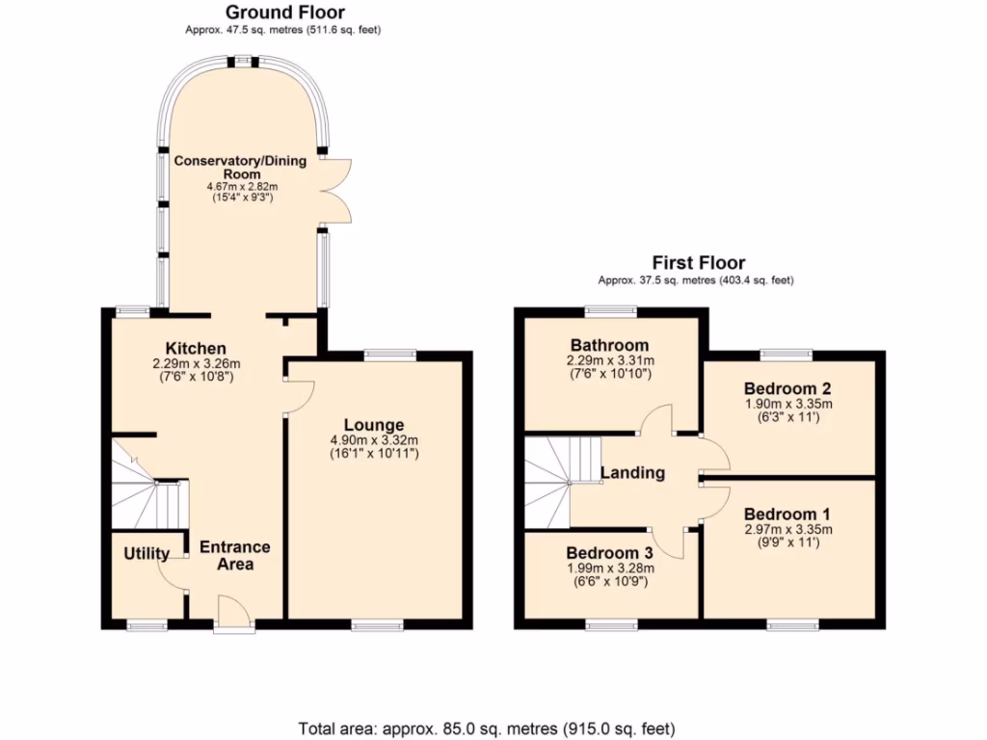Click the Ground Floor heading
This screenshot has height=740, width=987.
pos(284,13)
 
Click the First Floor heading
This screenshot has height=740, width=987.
pos(699,262)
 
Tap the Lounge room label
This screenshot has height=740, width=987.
pos(374,425)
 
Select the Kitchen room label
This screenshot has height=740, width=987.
pos(196,348)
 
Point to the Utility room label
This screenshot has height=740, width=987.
pos(147,554)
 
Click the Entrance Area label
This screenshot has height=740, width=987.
pos(234,555)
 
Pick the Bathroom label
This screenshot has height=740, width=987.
pos(609,345)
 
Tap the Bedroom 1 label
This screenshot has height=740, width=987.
pos(787,514)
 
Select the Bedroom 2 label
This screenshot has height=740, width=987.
pos(787,387)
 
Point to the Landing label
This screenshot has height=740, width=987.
pos(632,473)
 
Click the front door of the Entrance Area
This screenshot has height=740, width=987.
pos(234,613)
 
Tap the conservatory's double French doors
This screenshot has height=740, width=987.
pos(333,189)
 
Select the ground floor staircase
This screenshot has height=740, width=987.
pos(145,487)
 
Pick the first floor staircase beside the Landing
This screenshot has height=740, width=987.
pos(554,478)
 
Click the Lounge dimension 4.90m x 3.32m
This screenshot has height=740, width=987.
pos(374,441)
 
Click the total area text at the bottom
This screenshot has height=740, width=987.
pos(487,727)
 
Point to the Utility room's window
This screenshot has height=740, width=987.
pos(147,626)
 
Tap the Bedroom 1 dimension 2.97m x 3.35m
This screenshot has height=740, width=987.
pos(787,529)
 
